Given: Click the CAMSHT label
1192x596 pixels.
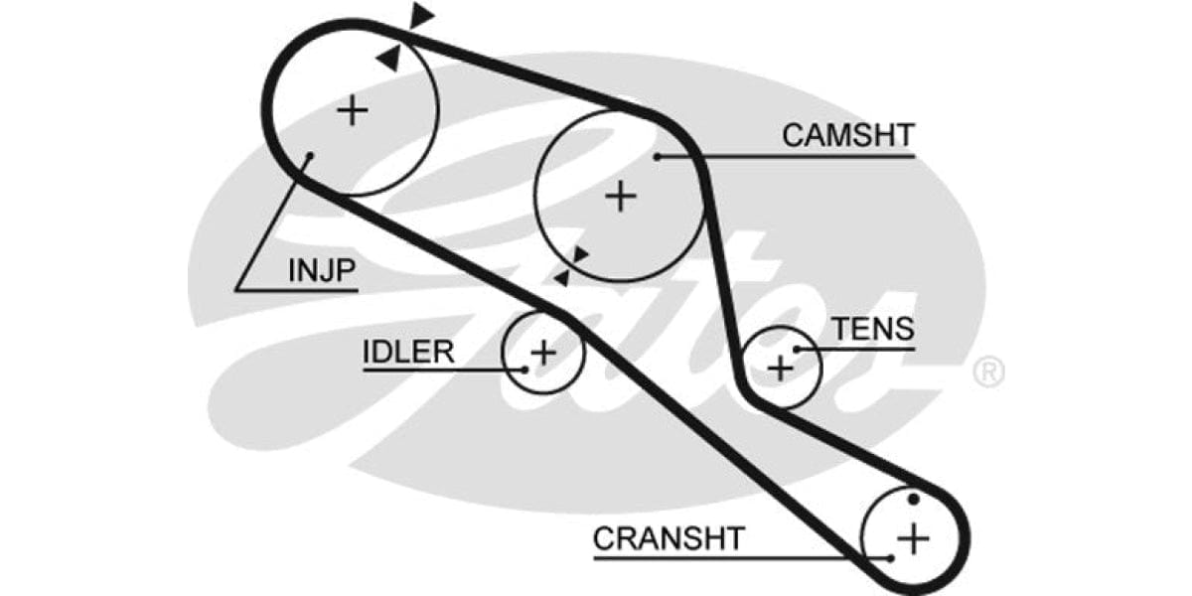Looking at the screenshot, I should point(847,135).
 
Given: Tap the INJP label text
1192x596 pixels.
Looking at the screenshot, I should point(321,270).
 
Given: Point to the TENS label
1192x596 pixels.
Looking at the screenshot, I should point(872,329).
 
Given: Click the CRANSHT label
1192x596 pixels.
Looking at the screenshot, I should point(668,538).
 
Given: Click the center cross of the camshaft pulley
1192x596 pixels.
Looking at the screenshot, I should point(621,196).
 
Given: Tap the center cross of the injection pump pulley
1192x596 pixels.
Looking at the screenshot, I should point(353,109).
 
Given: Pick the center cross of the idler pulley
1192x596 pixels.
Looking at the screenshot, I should point(542,353).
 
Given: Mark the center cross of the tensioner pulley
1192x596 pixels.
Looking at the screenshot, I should point(782,368).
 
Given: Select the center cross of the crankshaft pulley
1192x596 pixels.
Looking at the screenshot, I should point(912,539).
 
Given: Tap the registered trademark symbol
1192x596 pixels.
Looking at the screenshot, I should point(989,372).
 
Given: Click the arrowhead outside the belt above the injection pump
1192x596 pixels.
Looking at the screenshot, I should point(422,15).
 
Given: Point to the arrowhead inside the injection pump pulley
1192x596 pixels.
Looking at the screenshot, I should point(388,59).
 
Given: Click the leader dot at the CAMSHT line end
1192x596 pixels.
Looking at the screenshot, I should point(658,157).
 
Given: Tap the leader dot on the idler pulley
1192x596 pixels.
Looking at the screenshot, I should point(523,371).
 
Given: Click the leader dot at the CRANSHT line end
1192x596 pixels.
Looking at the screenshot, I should point(891,558).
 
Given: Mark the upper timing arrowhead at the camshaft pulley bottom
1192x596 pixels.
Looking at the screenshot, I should point(580,255).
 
